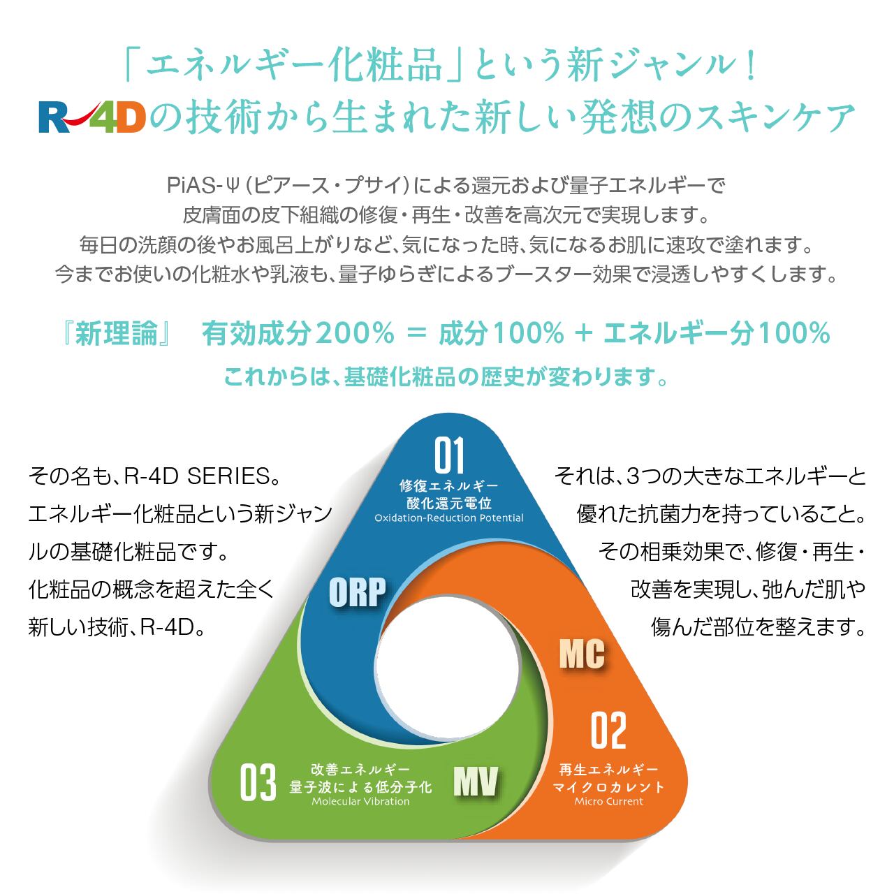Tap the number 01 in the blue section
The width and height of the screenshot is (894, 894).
click(449, 455)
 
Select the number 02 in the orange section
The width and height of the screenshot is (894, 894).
click(608, 731)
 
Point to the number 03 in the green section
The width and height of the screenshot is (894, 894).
click(258, 784)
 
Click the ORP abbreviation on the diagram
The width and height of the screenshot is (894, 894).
click(357, 592)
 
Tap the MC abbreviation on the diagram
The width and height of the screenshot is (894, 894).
click(582, 654)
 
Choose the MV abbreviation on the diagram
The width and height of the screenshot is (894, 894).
click(476, 782)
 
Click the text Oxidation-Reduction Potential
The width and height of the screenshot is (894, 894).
click(449, 518)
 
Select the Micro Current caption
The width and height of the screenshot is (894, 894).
click(608, 801)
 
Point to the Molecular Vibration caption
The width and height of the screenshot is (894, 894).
click(360, 801)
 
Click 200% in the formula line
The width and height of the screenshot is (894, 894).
click(355, 334)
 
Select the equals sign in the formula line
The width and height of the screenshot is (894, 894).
click(416, 334)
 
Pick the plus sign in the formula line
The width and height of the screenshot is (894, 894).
click(582, 334)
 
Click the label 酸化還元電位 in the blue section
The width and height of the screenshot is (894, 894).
click(449, 503)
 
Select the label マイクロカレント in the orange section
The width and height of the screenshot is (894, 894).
click(608, 786)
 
